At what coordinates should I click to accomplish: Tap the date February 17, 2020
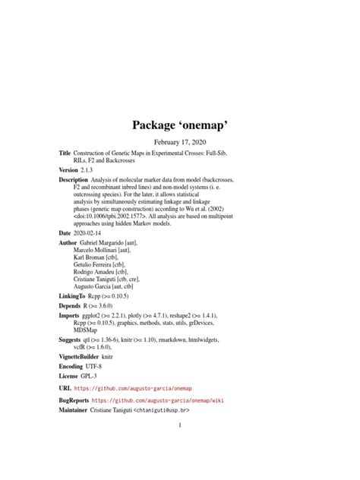click(180, 141)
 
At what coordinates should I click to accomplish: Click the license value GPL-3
click(97, 385)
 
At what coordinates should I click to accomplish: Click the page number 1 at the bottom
click(180, 425)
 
